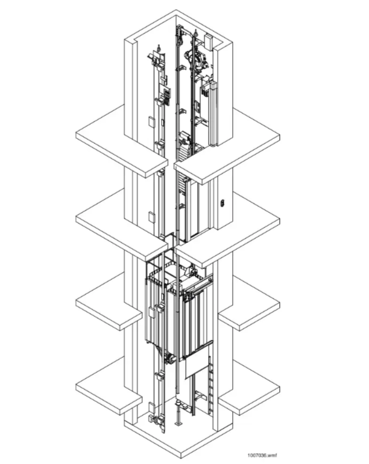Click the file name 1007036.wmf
262,456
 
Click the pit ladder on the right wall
210,385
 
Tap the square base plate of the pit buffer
178,424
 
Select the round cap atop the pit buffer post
178,402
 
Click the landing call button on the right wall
222,203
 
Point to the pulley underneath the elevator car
170,359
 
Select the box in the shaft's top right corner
209,42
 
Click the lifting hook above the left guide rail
159,47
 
